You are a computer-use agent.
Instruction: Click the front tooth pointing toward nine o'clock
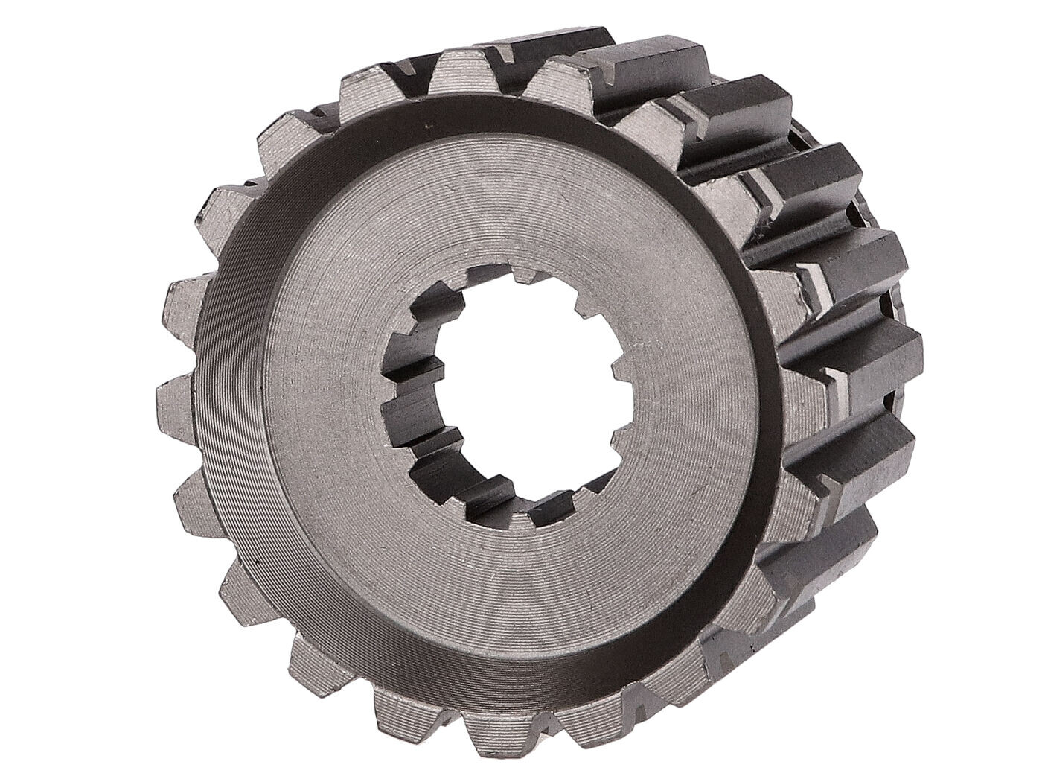(175, 387)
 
